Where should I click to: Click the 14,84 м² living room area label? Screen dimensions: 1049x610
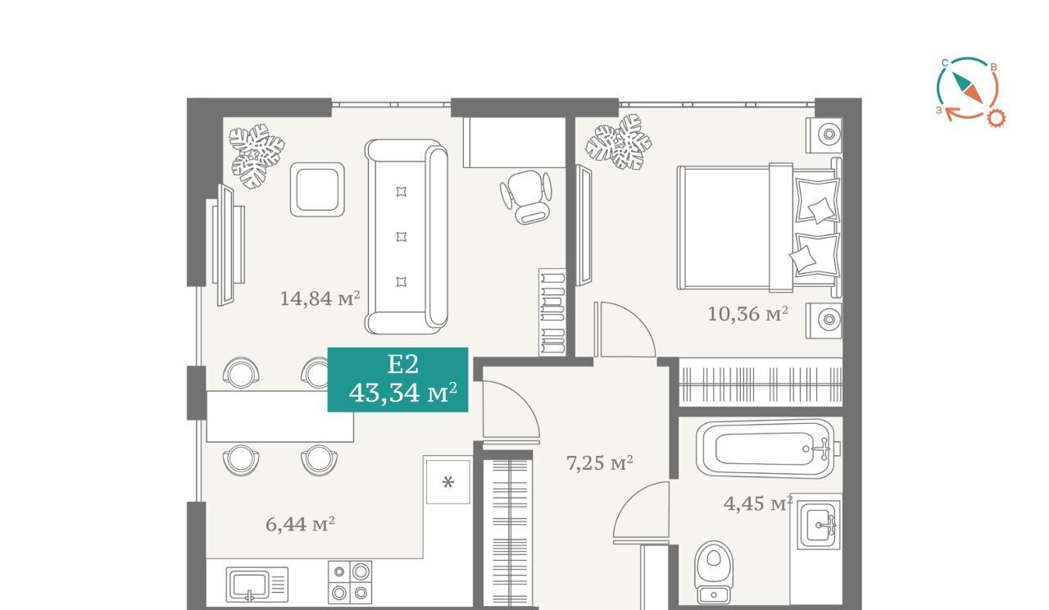click(320, 298)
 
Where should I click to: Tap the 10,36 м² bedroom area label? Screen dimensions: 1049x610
click(747, 313)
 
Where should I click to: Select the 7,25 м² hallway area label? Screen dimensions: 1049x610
click(600, 463)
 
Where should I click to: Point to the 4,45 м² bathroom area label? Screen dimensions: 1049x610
click(758, 503)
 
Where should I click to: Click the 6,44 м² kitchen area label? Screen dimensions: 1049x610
click(300, 524)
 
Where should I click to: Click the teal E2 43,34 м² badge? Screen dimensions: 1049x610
click(397, 380)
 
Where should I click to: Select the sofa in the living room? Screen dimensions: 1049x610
click(406, 237)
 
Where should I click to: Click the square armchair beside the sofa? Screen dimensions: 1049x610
click(317, 189)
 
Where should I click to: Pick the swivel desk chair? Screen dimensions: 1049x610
click(526, 197)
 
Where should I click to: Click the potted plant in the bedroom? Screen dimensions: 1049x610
click(618, 142)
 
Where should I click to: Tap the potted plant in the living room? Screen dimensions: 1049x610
click(257, 156)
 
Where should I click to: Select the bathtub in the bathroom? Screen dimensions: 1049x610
click(767, 448)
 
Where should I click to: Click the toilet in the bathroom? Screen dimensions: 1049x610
click(714, 572)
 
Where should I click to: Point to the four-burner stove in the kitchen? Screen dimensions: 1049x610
click(350, 582)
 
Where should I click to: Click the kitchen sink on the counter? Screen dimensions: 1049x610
click(257, 585)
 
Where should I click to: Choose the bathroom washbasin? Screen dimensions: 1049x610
click(820, 525)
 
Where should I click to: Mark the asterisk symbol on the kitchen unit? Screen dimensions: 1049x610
click(448, 482)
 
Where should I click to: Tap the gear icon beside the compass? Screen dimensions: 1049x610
click(997, 117)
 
